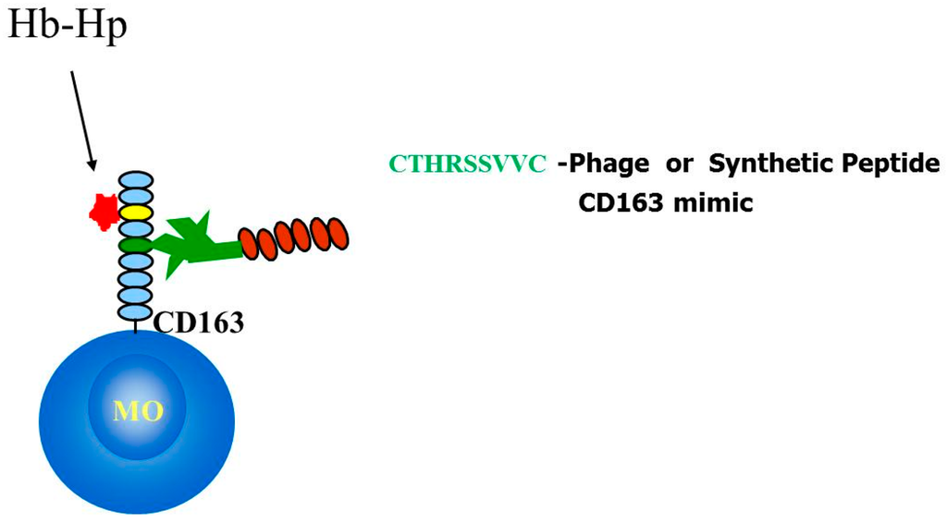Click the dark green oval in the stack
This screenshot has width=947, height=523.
point(136,245)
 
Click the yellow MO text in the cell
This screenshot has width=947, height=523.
point(137,410)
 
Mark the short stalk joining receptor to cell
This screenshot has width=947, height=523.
point(136,325)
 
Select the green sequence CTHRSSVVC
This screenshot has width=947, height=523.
point(467,165)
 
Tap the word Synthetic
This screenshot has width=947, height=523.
point(760,165)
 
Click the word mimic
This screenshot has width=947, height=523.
point(719,201)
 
